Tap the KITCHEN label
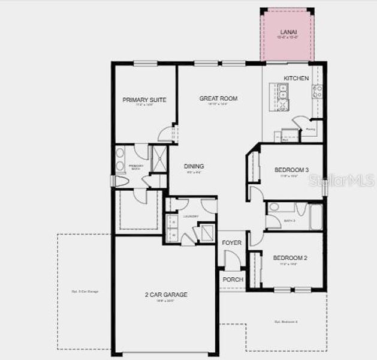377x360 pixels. (x=296, y=79)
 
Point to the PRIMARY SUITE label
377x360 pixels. (x=144, y=100)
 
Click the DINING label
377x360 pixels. (x=194, y=166)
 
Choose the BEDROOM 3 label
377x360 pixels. (x=291, y=170)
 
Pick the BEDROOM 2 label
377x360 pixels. (x=290, y=258)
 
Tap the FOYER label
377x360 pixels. (x=231, y=243)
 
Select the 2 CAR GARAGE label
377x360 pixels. (x=166, y=295)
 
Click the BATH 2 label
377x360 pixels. (x=289, y=221)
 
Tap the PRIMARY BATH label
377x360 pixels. (x=135, y=167)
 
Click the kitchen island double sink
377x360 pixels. (x=283, y=92)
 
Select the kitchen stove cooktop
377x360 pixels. (x=317, y=91)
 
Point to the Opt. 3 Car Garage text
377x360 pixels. (x=85, y=292)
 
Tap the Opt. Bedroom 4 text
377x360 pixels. (x=286, y=322)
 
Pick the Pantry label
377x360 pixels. (x=310, y=129)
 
